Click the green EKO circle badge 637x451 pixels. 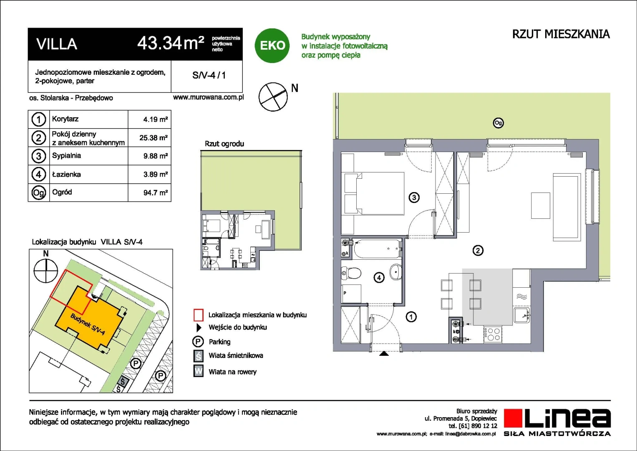(272, 46)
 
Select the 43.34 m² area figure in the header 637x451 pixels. (171, 43)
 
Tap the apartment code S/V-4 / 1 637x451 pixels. (209, 75)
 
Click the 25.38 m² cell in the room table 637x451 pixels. (153, 138)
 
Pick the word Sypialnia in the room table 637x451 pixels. (67, 155)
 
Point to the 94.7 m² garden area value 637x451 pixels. (155, 193)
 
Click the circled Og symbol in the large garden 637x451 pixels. (498, 123)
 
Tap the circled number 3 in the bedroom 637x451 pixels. (414, 197)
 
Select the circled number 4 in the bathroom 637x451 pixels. (379, 277)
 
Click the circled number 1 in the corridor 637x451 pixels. (411, 317)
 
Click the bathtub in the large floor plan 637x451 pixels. (377, 249)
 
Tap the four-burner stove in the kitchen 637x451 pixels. (493, 334)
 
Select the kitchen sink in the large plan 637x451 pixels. (522, 315)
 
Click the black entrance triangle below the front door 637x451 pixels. (384, 354)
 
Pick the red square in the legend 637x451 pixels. (198, 315)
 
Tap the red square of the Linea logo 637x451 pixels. (513, 418)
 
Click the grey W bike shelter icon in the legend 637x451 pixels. (198, 371)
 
